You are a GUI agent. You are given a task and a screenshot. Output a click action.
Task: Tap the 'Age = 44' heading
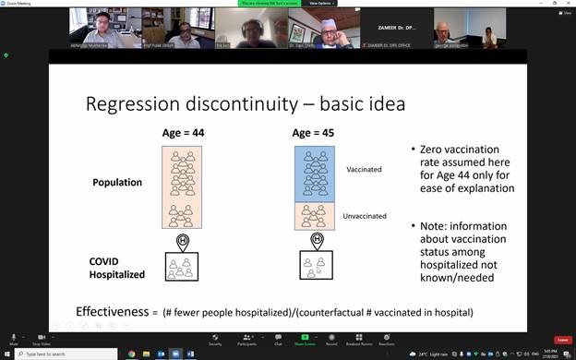coord(183,133)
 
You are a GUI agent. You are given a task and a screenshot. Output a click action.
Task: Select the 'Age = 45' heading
coord(314,133)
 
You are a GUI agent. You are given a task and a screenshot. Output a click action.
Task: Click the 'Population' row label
coord(117,182)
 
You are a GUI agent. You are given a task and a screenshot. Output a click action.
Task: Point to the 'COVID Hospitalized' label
coord(116,269)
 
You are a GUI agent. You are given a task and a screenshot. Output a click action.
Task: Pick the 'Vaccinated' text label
coord(363,170)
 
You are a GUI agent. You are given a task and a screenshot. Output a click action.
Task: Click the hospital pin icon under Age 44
coord(184,242)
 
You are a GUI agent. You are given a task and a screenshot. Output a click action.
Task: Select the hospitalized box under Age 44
coord(184,267)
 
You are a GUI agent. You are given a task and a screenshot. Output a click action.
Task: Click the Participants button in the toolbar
coord(246,338)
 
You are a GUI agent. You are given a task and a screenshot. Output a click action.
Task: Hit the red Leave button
coord(560,339)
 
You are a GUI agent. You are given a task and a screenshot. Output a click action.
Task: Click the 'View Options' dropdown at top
coord(321,3)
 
